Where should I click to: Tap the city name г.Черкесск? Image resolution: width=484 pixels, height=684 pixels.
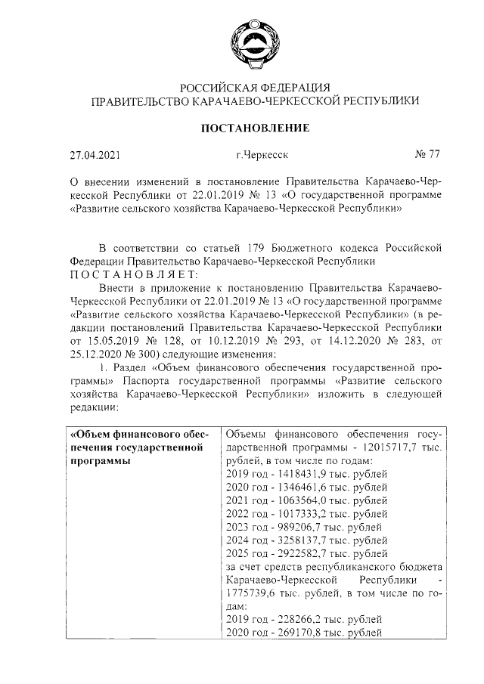coord(261,156)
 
